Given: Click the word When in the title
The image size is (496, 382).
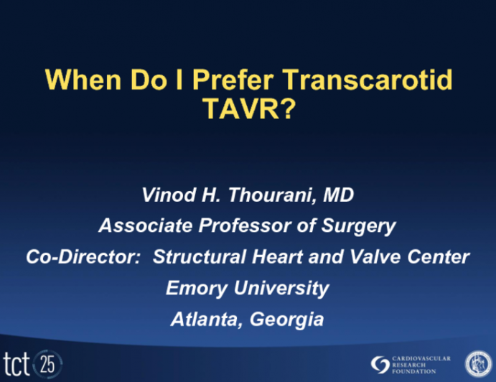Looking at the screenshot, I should point(80,80).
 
